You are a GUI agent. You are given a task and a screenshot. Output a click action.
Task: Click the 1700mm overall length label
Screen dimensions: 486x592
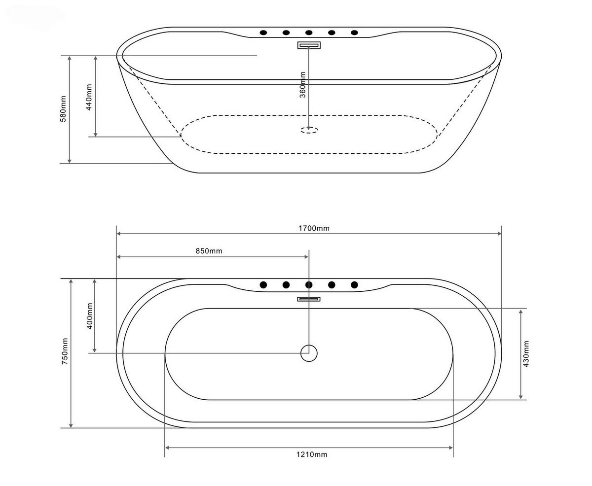314,228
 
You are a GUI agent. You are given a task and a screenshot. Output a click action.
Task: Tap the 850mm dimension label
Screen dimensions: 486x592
209,251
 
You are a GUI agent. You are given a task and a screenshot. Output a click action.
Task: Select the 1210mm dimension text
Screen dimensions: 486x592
311,454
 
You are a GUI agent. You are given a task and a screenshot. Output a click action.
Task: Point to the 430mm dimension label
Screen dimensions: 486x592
526,354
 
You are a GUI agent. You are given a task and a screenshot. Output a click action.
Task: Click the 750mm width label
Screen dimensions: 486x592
65,351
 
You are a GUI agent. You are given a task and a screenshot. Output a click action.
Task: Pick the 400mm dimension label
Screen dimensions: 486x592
89,316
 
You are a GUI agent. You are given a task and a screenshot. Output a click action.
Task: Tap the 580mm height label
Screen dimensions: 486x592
63,109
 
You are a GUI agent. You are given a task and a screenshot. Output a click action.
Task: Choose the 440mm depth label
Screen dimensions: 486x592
89,97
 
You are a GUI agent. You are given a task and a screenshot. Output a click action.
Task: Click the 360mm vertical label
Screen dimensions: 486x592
302,85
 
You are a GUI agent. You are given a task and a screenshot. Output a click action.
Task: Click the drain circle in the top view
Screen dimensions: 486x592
309,353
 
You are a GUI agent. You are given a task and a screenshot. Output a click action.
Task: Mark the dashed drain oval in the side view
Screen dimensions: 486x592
309,130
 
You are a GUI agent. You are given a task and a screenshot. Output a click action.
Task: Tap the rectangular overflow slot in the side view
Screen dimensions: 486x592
309,45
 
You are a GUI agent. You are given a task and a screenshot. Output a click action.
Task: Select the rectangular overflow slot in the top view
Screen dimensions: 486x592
309,299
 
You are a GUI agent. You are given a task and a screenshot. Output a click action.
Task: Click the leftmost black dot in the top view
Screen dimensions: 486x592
263,285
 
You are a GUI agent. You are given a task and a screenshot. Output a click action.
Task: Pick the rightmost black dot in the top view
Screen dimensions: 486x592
354,285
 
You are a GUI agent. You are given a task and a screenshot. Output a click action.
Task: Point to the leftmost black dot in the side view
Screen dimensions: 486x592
263,33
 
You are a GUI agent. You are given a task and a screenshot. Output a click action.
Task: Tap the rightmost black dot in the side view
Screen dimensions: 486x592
354,33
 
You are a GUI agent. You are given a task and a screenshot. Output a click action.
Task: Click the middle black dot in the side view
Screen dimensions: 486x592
309,33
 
